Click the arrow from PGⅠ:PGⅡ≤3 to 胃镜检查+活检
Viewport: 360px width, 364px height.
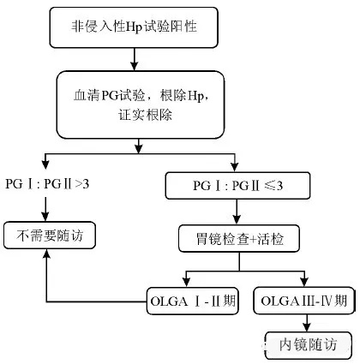tap(237, 214)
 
